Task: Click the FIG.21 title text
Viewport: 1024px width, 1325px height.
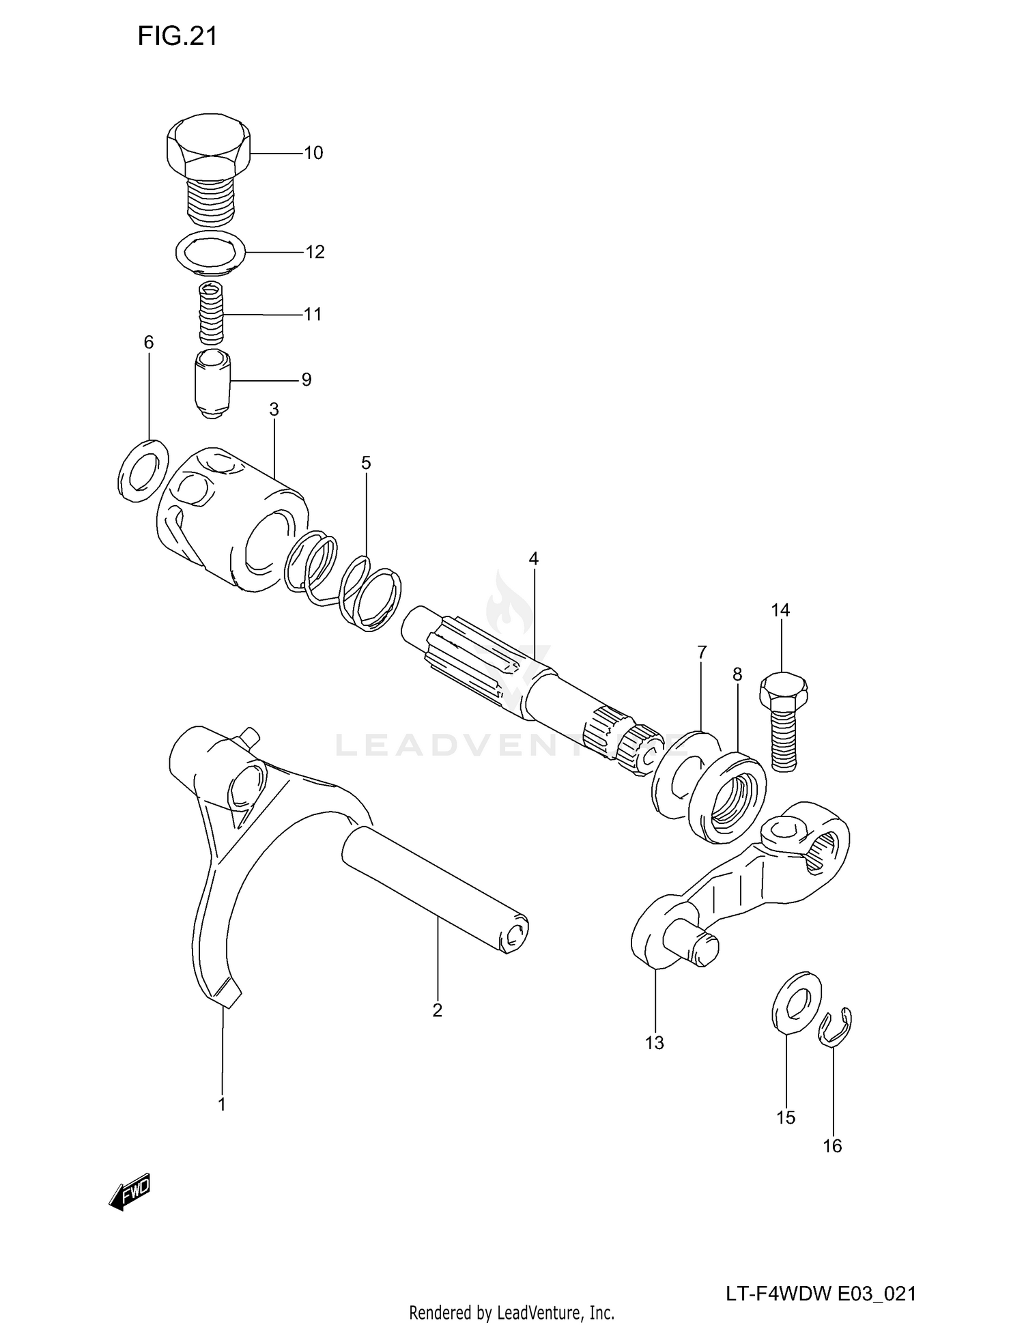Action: point(177,36)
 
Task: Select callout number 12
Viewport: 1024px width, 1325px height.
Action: point(315,252)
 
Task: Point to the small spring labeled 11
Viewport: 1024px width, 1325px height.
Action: point(212,313)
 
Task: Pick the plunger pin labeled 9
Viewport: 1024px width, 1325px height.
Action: point(213,384)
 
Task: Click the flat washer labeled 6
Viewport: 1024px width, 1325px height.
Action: point(143,470)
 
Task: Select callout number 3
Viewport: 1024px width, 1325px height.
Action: point(274,410)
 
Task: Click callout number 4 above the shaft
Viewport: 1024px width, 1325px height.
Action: point(533,559)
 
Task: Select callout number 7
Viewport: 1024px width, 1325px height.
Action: point(702,652)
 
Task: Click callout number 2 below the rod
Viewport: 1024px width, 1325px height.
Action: point(438,1010)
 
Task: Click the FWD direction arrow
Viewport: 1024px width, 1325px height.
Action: point(130,1192)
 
